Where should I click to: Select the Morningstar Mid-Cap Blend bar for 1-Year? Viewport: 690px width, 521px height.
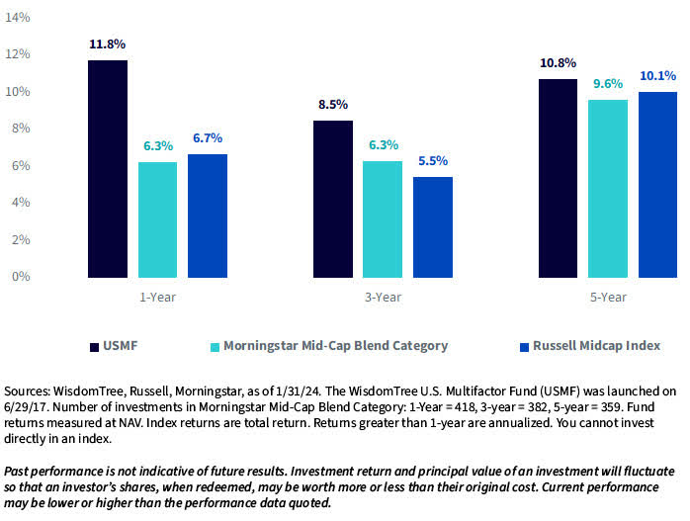click(157, 219)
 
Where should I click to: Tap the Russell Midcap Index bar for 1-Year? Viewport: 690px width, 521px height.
click(207, 216)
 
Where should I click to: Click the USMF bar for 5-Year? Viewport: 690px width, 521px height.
click(559, 178)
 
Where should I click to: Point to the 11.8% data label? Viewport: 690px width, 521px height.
click(107, 44)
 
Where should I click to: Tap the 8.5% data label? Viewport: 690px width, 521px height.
click(333, 105)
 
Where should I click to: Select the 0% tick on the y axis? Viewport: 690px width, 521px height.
click(20, 276)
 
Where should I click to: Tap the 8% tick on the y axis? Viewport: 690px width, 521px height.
click(20, 129)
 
